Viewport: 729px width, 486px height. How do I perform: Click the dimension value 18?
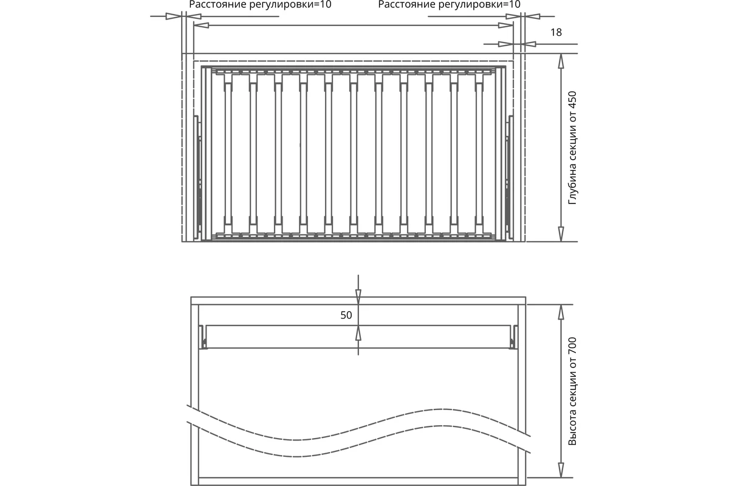556,32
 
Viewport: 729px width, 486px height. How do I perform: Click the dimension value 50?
346,315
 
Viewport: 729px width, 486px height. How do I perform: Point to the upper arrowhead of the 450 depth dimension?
561,61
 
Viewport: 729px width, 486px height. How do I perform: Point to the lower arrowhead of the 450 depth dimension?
561,234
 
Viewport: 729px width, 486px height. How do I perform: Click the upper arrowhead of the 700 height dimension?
561,312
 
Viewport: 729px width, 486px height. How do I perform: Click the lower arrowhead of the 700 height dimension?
561,470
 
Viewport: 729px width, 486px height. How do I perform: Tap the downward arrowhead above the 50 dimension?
358,297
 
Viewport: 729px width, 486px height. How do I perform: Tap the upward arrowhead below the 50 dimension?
358,333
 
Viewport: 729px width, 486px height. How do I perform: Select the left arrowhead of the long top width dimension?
201,25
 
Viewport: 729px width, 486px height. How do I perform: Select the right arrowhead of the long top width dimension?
505,25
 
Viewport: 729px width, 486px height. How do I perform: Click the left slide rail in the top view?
198,178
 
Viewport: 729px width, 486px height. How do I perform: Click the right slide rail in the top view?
509,178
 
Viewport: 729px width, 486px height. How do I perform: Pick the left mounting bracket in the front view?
204,337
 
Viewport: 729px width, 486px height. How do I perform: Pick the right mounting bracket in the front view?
513,337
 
